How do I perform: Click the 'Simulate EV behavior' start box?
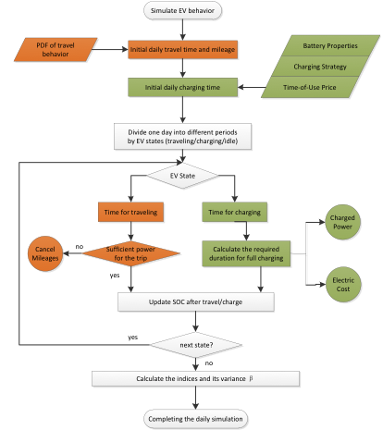pos(182,10)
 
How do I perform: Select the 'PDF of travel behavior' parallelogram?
pos(56,50)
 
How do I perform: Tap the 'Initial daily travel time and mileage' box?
pos(182,49)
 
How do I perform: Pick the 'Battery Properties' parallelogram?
pos(330,45)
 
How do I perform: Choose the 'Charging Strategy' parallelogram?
pos(320,67)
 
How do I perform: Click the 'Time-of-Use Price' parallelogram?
pos(310,87)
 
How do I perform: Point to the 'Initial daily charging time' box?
pos(182,87)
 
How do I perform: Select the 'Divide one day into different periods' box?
pos(182,137)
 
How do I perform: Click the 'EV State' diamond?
pos(182,176)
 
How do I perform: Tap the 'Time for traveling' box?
pos(130,212)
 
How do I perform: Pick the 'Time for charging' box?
pos(234,212)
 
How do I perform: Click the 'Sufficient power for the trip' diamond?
pos(130,253)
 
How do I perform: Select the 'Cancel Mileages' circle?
pos(45,253)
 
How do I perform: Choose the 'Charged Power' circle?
pos(342,222)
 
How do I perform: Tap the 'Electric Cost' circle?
pos(343,285)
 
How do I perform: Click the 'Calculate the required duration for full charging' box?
pos(246,253)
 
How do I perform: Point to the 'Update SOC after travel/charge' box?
pos(196,301)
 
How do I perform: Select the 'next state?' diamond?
pos(196,345)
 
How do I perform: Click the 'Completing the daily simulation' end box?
pos(195,419)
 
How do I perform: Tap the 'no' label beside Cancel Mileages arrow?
pos(80,247)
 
